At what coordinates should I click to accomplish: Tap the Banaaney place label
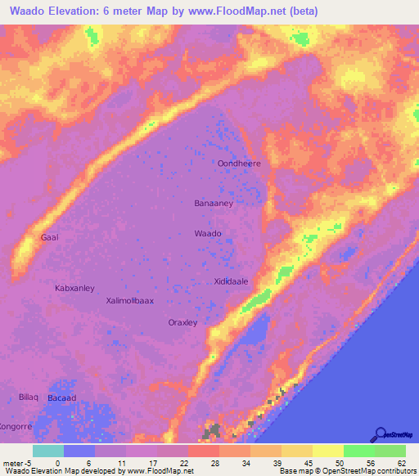click(214, 203)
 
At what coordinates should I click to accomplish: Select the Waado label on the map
click(208, 234)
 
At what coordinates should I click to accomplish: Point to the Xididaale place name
click(231, 281)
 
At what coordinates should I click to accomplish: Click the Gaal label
click(49, 237)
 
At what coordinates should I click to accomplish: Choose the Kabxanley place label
click(74, 288)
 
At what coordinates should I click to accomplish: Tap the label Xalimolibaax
click(130, 301)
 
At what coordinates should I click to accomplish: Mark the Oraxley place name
click(182, 322)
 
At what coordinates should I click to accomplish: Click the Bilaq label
click(29, 397)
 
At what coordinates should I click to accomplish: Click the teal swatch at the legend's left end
click(47, 451)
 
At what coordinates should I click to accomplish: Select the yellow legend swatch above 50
click(327, 451)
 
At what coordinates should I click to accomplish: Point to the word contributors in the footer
click(394, 472)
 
